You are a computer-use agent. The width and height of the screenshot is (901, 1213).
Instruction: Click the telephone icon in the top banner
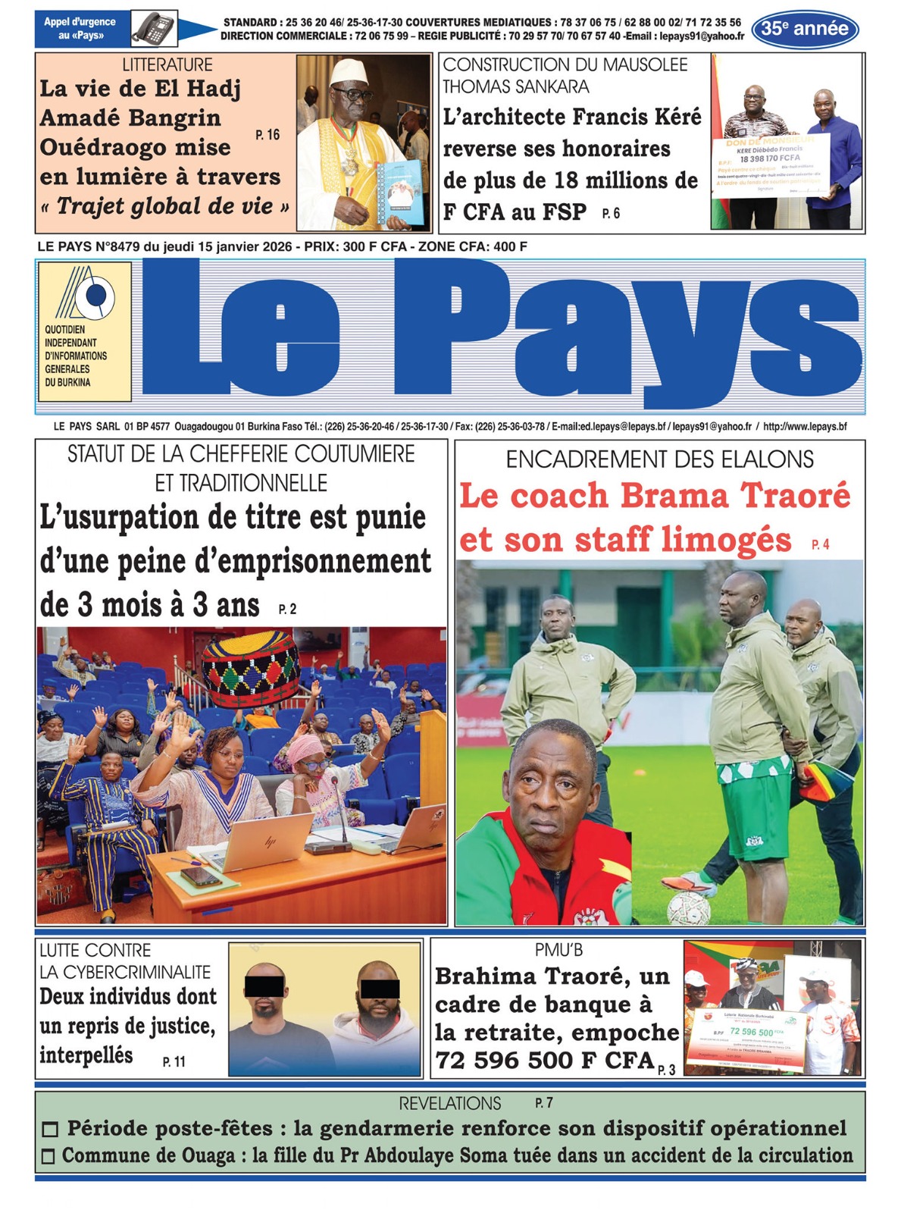tap(155, 29)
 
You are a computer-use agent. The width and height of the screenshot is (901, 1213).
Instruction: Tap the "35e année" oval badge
tap(805, 30)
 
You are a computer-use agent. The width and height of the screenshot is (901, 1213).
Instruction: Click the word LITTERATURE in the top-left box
tap(167, 65)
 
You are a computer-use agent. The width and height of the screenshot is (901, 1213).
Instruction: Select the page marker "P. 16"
tap(267, 135)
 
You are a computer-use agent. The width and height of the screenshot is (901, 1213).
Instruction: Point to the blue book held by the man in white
tap(401, 193)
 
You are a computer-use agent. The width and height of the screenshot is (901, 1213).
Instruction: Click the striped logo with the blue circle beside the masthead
tap(85, 293)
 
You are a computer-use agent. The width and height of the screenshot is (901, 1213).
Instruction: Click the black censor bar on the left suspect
tap(264, 986)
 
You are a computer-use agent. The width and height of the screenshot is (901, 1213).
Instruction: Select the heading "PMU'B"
tap(558, 950)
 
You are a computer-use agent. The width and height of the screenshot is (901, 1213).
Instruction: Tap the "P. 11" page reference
tap(174, 1061)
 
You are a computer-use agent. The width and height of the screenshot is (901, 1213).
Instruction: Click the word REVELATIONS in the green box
tap(450, 1103)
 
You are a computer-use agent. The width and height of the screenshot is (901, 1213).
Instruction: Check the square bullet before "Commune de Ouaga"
tap(48, 1157)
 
